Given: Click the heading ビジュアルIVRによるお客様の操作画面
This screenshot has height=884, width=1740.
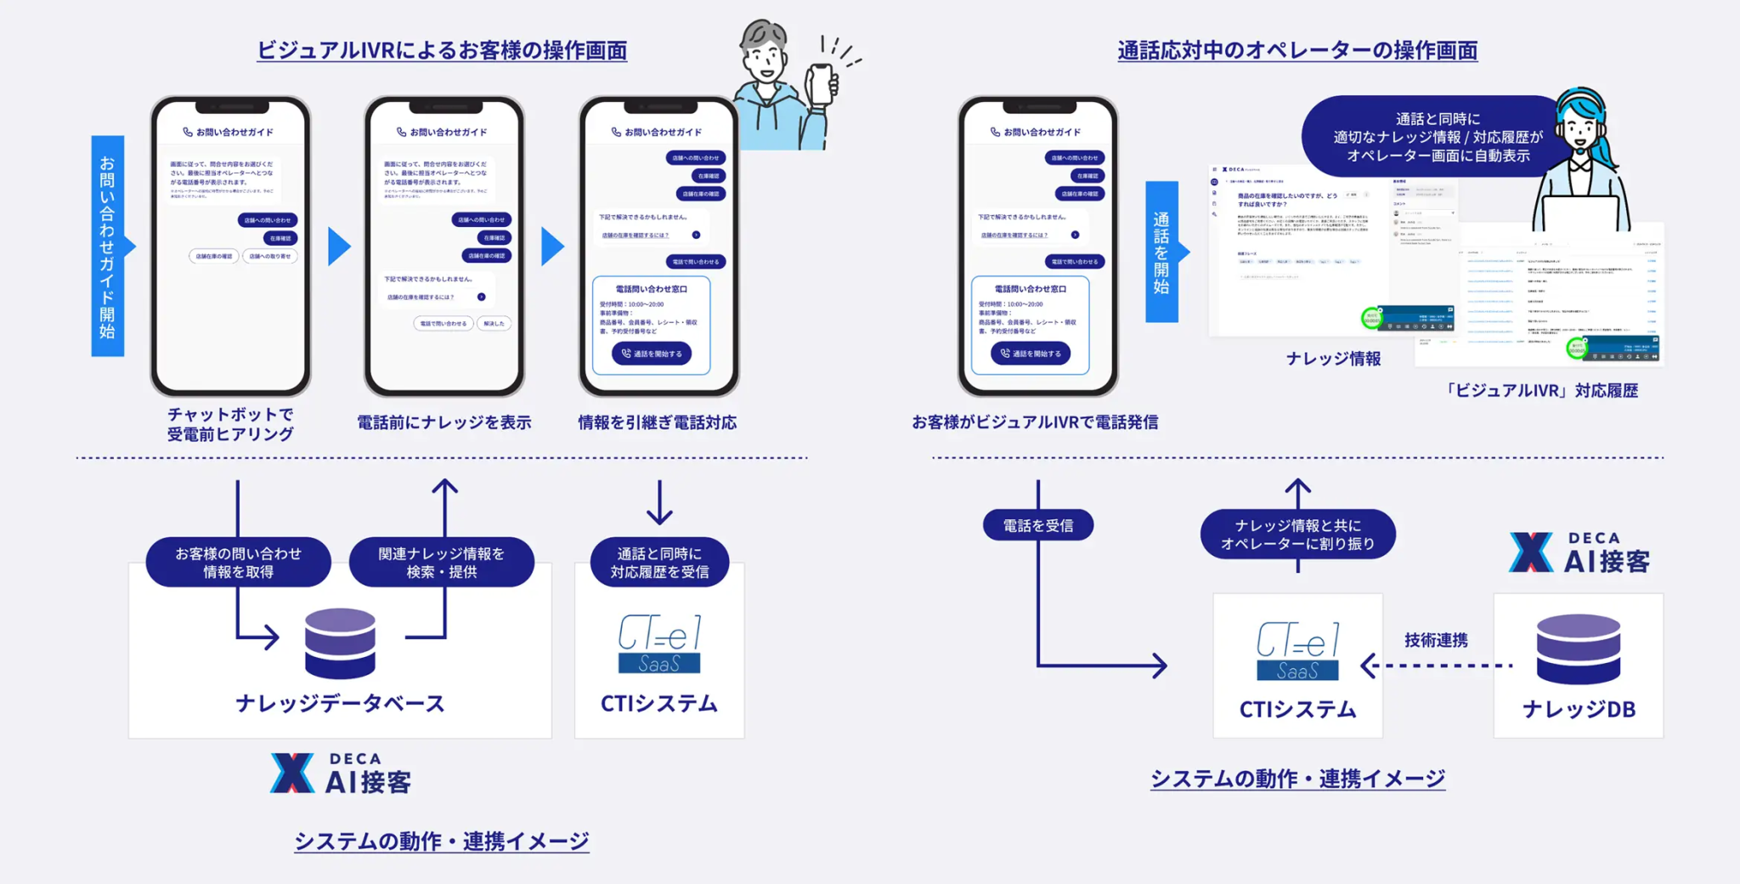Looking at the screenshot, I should coord(442,50).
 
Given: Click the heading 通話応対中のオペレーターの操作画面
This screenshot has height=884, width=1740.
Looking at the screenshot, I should coord(1297,50).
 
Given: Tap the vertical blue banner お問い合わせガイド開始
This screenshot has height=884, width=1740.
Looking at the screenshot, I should coord(108,246).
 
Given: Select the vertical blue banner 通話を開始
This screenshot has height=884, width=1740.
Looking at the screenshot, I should coord(1161,252).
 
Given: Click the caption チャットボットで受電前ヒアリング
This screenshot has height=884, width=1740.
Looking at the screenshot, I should coord(230,424).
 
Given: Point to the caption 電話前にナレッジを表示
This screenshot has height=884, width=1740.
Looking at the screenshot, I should coord(443,422).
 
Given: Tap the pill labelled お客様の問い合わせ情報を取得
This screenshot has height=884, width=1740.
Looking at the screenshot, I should coord(238,563).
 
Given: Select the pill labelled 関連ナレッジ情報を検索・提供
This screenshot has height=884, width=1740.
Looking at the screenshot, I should coord(441,563).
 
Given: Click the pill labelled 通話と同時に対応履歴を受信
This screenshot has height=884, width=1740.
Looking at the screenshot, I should coord(659,563).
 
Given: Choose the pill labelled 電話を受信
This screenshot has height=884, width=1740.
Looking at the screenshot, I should coord(1037,525).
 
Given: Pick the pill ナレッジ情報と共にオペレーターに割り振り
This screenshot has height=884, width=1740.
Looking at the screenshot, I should coord(1297,535).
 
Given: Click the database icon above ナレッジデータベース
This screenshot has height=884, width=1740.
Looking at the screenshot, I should coord(340,643).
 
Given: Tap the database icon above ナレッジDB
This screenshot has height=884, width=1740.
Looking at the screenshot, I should coord(1578,649).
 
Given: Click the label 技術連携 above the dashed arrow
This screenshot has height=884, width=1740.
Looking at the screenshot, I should coord(1436,640).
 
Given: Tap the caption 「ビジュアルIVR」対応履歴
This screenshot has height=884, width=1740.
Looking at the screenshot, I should coord(1540,391).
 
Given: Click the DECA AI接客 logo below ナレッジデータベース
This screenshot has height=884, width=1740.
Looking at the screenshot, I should coord(341,773).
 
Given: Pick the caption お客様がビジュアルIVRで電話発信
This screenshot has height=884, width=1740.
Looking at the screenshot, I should coord(1035,422).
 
